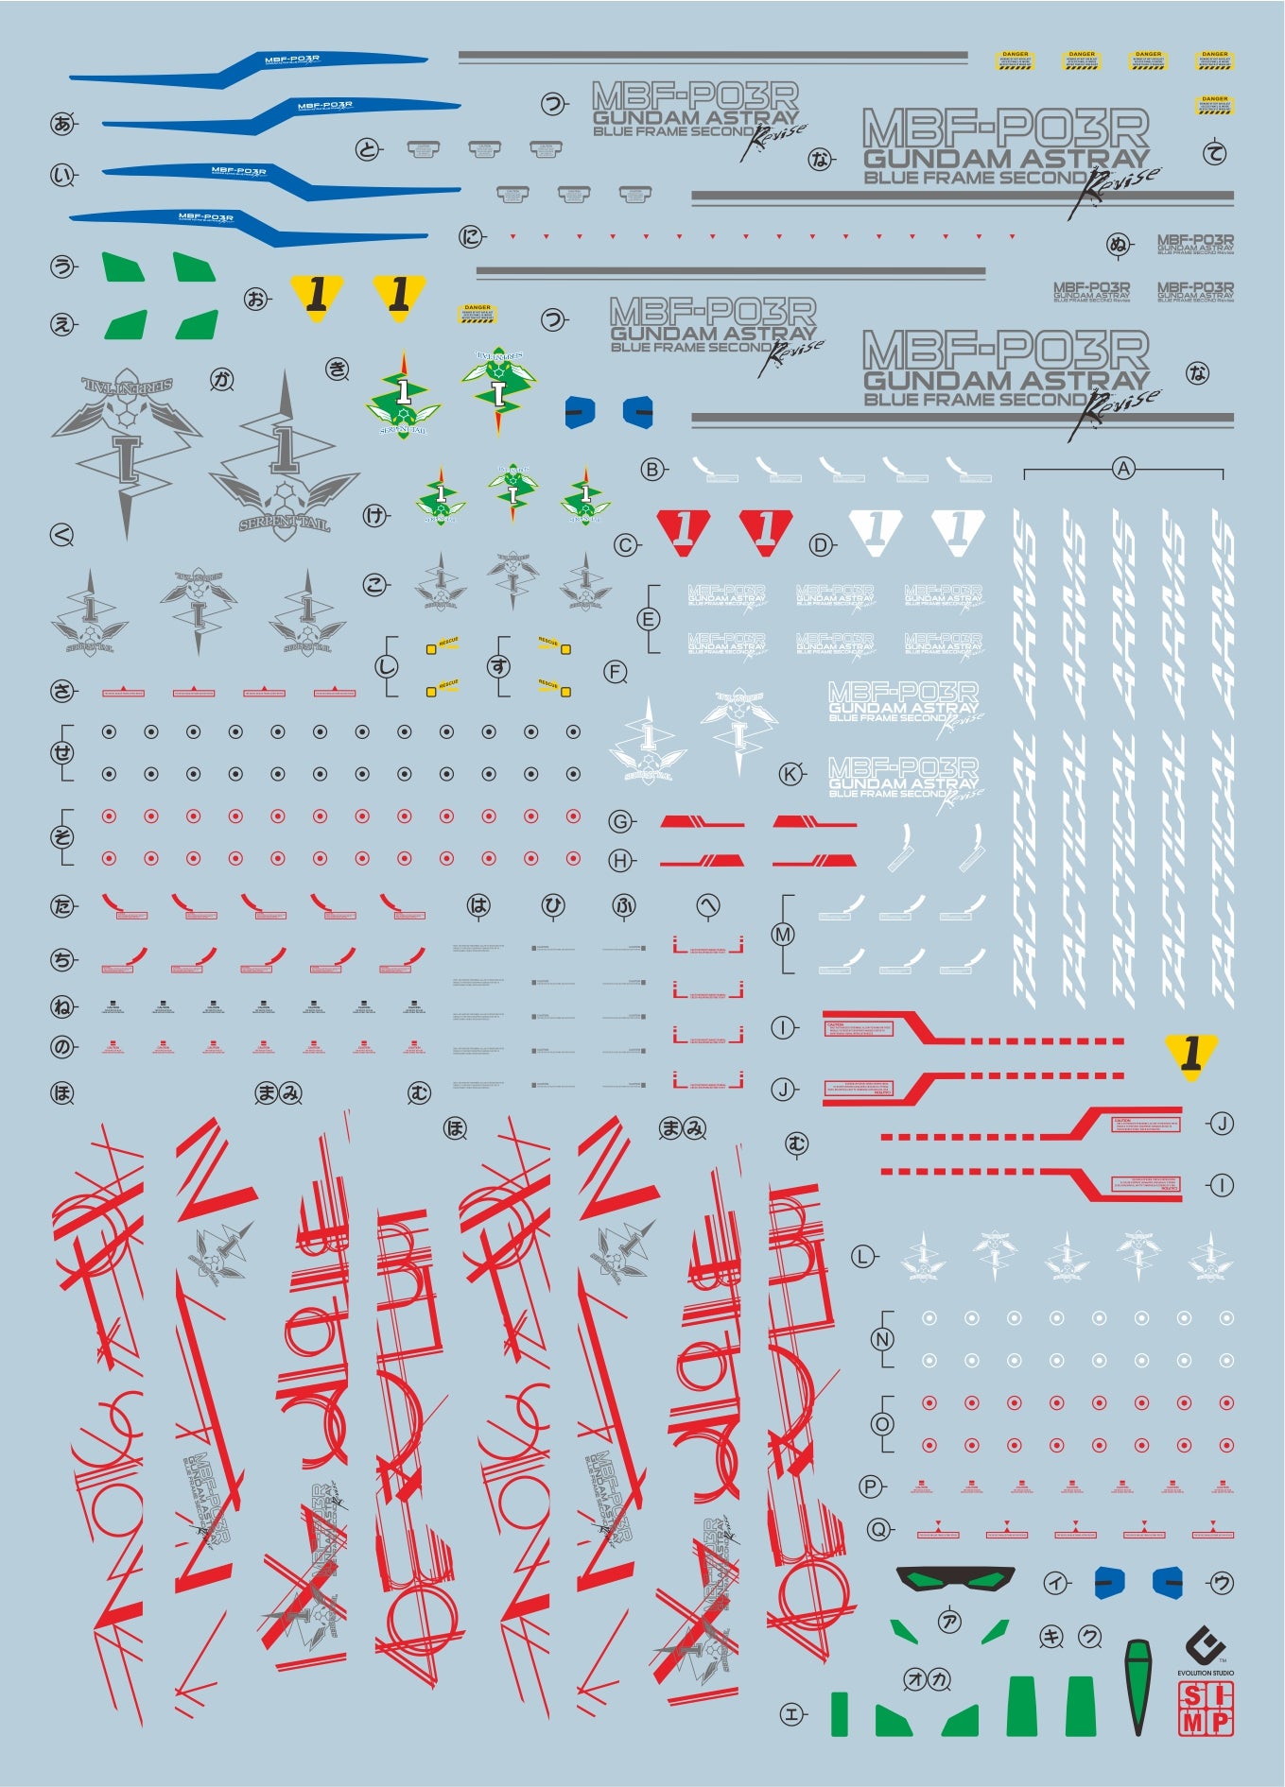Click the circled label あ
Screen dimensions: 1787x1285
63,123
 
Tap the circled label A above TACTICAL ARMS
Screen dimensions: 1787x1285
1122,468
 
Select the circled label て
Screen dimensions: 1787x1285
1215,153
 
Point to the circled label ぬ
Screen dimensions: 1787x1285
1120,245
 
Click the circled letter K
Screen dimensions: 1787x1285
790,774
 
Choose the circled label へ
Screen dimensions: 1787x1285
707,905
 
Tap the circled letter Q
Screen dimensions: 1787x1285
878,1529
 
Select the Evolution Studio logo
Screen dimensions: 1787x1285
1206,1650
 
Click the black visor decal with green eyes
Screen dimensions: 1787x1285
955,1579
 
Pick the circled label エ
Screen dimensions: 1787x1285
792,1713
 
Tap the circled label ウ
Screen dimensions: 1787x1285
1222,1583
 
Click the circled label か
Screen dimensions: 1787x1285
222,380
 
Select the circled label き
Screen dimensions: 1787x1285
338,369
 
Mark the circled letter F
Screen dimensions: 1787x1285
616,672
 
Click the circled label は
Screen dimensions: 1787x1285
479,905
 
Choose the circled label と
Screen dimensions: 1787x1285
368,148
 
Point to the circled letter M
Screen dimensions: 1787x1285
783,935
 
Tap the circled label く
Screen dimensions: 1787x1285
61,536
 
